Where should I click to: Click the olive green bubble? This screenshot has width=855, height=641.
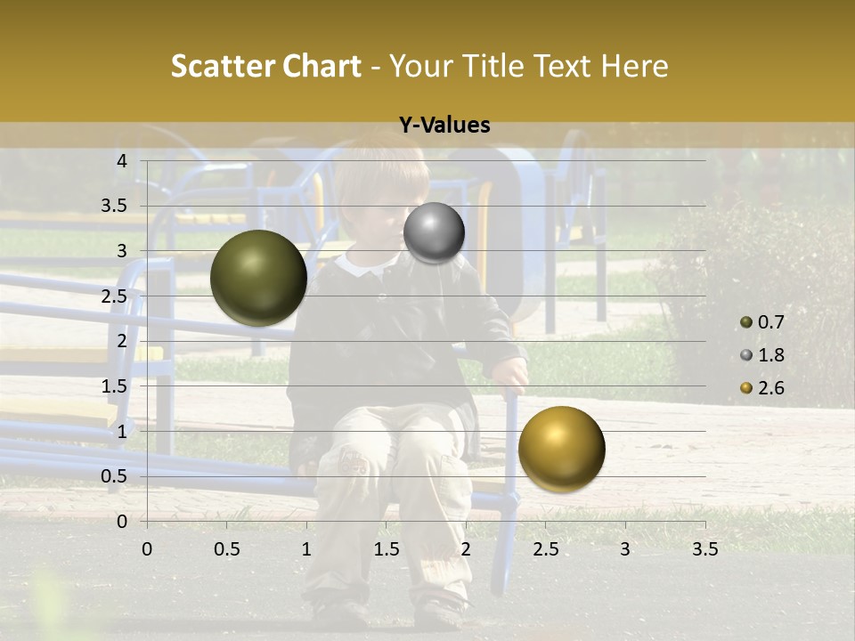point(258,278)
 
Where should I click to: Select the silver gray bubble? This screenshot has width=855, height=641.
point(434,233)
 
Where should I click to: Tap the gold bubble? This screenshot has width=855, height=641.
point(561,449)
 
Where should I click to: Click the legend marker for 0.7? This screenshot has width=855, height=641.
point(746,322)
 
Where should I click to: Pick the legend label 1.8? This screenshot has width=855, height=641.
point(770,355)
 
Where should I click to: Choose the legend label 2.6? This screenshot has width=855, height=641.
point(770,388)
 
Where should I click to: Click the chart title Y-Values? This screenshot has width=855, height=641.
point(444,126)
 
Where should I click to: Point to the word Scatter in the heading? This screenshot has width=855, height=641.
point(223,66)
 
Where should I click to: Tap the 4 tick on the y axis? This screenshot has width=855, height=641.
point(122,160)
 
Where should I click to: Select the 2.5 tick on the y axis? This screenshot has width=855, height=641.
point(114,296)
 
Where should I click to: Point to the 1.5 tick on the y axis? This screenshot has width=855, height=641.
point(114,385)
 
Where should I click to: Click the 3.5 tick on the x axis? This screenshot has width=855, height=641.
point(704,549)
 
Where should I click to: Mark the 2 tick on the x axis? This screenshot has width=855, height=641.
point(466,549)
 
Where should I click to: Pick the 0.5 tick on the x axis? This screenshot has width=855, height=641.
point(226,549)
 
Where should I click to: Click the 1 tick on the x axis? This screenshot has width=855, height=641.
point(306,549)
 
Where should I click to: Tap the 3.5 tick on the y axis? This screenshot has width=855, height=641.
point(114,206)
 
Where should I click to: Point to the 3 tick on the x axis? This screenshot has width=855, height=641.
point(625,549)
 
